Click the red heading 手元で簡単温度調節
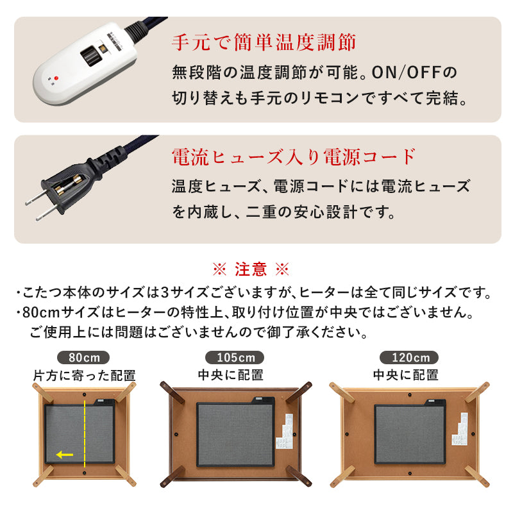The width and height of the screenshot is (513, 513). click(x=264, y=43)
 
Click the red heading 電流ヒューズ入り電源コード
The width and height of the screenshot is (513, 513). click(x=294, y=156)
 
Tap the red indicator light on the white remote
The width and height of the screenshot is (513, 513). click(x=56, y=78)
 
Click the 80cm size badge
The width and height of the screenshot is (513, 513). click(x=83, y=357)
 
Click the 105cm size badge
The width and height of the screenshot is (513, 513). click(x=231, y=357)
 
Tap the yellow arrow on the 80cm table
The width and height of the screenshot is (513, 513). click(x=64, y=455)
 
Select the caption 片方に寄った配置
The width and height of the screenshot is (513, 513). click(x=84, y=375)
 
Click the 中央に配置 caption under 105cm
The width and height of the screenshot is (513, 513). click(x=231, y=375)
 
